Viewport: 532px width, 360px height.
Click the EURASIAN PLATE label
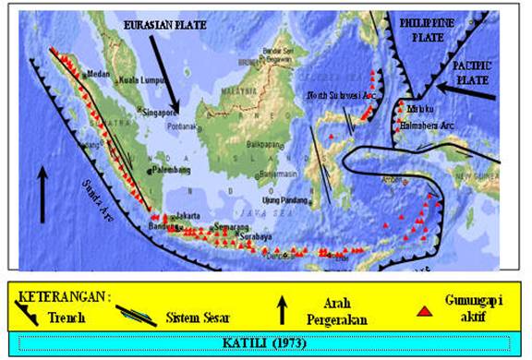point(154,29)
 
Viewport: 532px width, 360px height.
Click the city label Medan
point(98,73)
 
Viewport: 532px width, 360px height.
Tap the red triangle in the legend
point(424,311)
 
